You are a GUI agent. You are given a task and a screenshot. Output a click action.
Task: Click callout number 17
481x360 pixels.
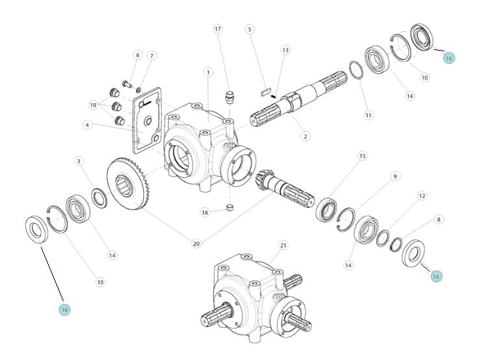tap(217, 29)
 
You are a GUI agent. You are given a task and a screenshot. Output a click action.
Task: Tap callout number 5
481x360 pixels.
tap(250, 29)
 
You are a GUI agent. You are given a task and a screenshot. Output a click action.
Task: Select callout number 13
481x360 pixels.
tap(286, 50)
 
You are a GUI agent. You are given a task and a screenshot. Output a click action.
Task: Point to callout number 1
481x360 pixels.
tap(208, 73)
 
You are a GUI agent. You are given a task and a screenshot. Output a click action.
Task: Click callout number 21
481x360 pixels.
tap(283, 245)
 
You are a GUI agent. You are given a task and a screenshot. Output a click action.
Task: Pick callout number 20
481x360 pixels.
tap(196, 243)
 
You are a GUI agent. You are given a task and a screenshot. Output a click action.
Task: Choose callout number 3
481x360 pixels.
tap(79, 162)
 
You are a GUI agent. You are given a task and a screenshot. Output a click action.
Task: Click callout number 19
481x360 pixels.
tap(93, 105)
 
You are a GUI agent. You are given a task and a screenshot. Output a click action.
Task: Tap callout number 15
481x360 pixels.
tap(362, 156)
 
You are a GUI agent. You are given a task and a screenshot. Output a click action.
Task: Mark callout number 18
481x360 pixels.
tap(204, 212)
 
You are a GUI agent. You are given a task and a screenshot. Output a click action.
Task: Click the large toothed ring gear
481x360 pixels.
tap(129, 184)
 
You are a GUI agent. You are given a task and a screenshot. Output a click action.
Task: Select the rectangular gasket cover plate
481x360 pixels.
tap(147, 120)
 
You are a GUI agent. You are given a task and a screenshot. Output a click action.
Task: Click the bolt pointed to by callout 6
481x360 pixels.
tap(127, 84)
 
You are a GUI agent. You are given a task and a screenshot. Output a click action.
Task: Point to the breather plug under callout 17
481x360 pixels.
tap(230, 97)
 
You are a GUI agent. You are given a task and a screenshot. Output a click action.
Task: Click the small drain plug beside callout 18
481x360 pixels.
tap(230, 208)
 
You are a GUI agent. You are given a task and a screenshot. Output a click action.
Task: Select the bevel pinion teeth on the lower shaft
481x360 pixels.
tap(261, 180)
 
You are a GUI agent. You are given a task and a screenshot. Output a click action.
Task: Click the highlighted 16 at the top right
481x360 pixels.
tap(449, 58)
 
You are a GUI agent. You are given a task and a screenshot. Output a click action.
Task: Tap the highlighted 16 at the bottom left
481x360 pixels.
tap(65, 310)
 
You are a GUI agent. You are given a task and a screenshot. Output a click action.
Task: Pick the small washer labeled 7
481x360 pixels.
tap(139, 90)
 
